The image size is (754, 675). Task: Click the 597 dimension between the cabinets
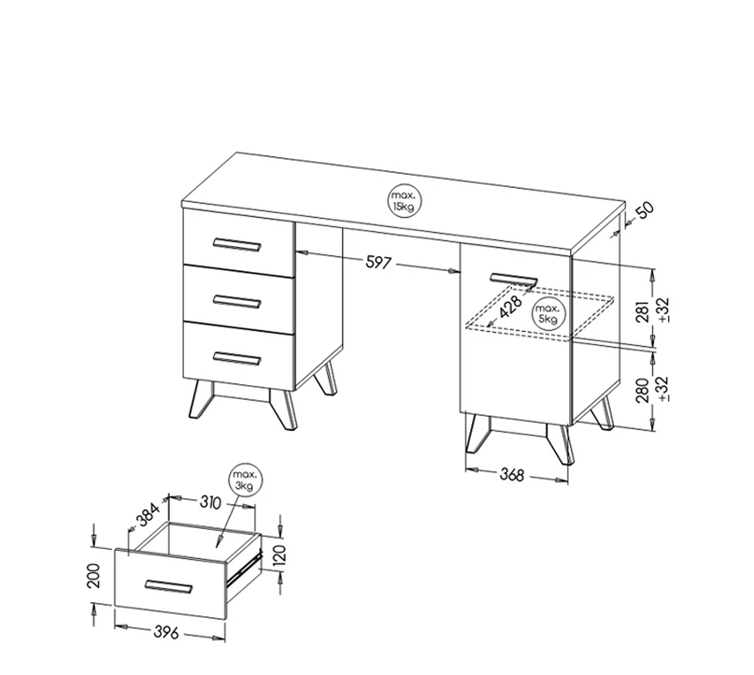[x=379, y=263]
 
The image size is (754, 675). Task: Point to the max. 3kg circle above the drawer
[x=245, y=479]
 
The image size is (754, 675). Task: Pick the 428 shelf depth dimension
[x=511, y=307]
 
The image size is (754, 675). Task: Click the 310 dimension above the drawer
[x=210, y=503]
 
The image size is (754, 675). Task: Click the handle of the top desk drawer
[x=237, y=244]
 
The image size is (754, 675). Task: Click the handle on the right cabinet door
[x=514, y=280]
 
